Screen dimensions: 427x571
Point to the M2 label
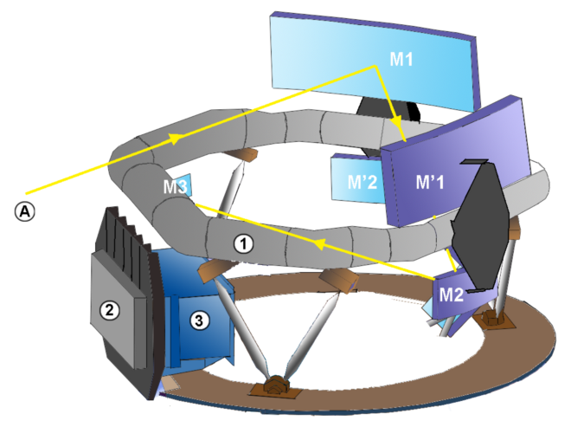(452, 294)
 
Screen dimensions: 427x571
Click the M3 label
(176, 186)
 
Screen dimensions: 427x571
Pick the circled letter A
(25, 210)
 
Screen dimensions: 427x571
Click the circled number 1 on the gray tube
(244, 244)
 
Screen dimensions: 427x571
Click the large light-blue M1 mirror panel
(329, 52)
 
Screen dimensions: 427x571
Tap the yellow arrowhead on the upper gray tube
(176, 138)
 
